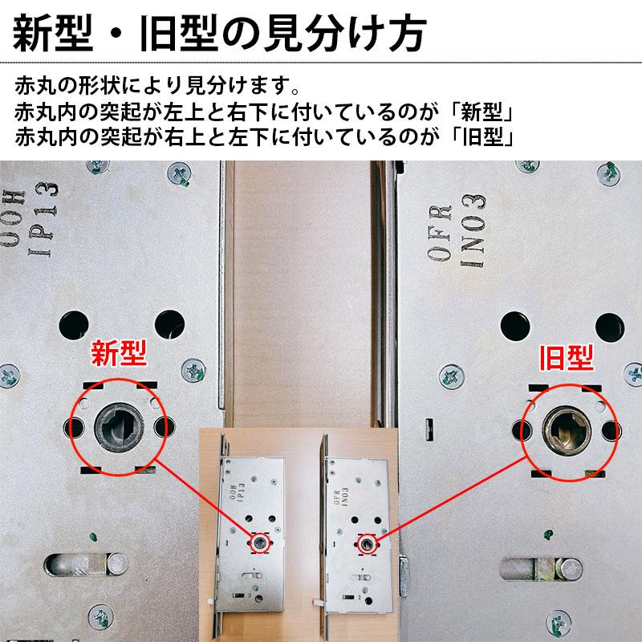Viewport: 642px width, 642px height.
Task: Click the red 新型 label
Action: click(x=120, y=354)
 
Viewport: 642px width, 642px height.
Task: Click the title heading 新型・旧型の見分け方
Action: click(x=217, y=34)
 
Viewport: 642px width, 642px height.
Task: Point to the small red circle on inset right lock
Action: click(x=368, y=543)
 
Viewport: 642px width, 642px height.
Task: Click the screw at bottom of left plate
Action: click(x=101, y=619)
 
